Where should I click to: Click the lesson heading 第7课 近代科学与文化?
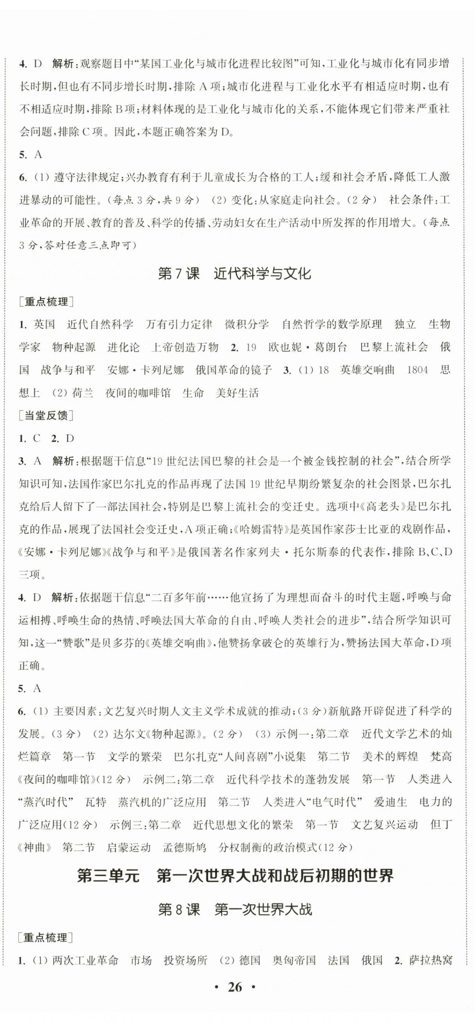click(234, 274)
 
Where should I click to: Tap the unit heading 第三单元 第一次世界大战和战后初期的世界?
click(235, 875)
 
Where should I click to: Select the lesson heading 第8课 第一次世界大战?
click(235, 910)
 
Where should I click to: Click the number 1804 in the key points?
click(417, 370)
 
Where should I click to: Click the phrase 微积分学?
click(247, 325)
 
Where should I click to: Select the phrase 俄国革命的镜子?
click(234, 370)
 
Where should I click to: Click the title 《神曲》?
click(35, 847)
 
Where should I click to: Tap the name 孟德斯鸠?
click(184, 847)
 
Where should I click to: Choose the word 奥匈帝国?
click(294, 960)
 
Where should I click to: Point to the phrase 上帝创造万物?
click(185, 348)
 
